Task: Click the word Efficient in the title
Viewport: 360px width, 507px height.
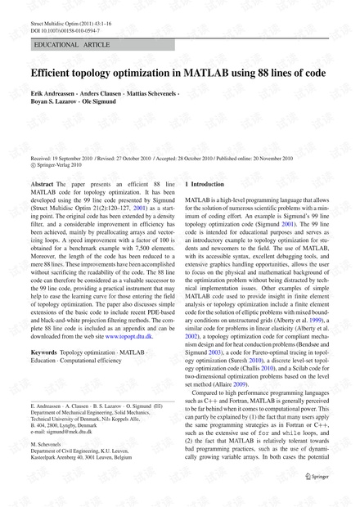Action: [56, 74]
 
